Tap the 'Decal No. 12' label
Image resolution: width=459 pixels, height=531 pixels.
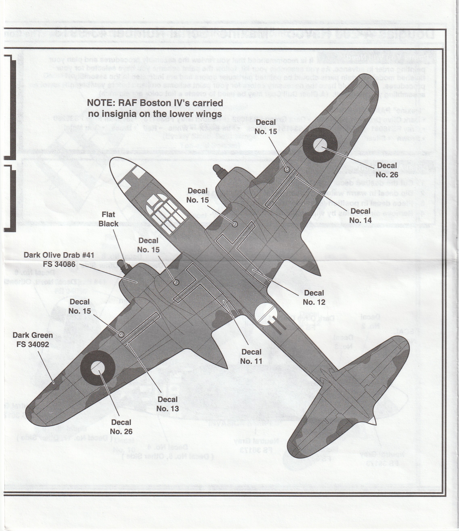[x=314, y=297]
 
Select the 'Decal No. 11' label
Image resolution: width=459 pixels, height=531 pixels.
[x=251, y=356]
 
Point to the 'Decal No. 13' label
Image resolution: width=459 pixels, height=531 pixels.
[x=167, y=404]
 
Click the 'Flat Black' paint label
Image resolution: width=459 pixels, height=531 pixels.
[x=108, y=219]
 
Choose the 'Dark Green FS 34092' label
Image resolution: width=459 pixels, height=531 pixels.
[x=32, y=340]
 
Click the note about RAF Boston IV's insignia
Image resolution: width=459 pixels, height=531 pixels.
[x=155, y=108]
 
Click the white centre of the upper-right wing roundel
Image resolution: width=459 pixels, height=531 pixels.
[x=320, y=145]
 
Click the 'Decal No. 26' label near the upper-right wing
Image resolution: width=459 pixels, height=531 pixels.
[x=387, y=170]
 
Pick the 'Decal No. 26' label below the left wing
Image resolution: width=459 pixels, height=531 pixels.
[x=121, y=427]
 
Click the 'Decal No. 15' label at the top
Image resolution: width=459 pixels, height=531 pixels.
[x=266, y=127]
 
